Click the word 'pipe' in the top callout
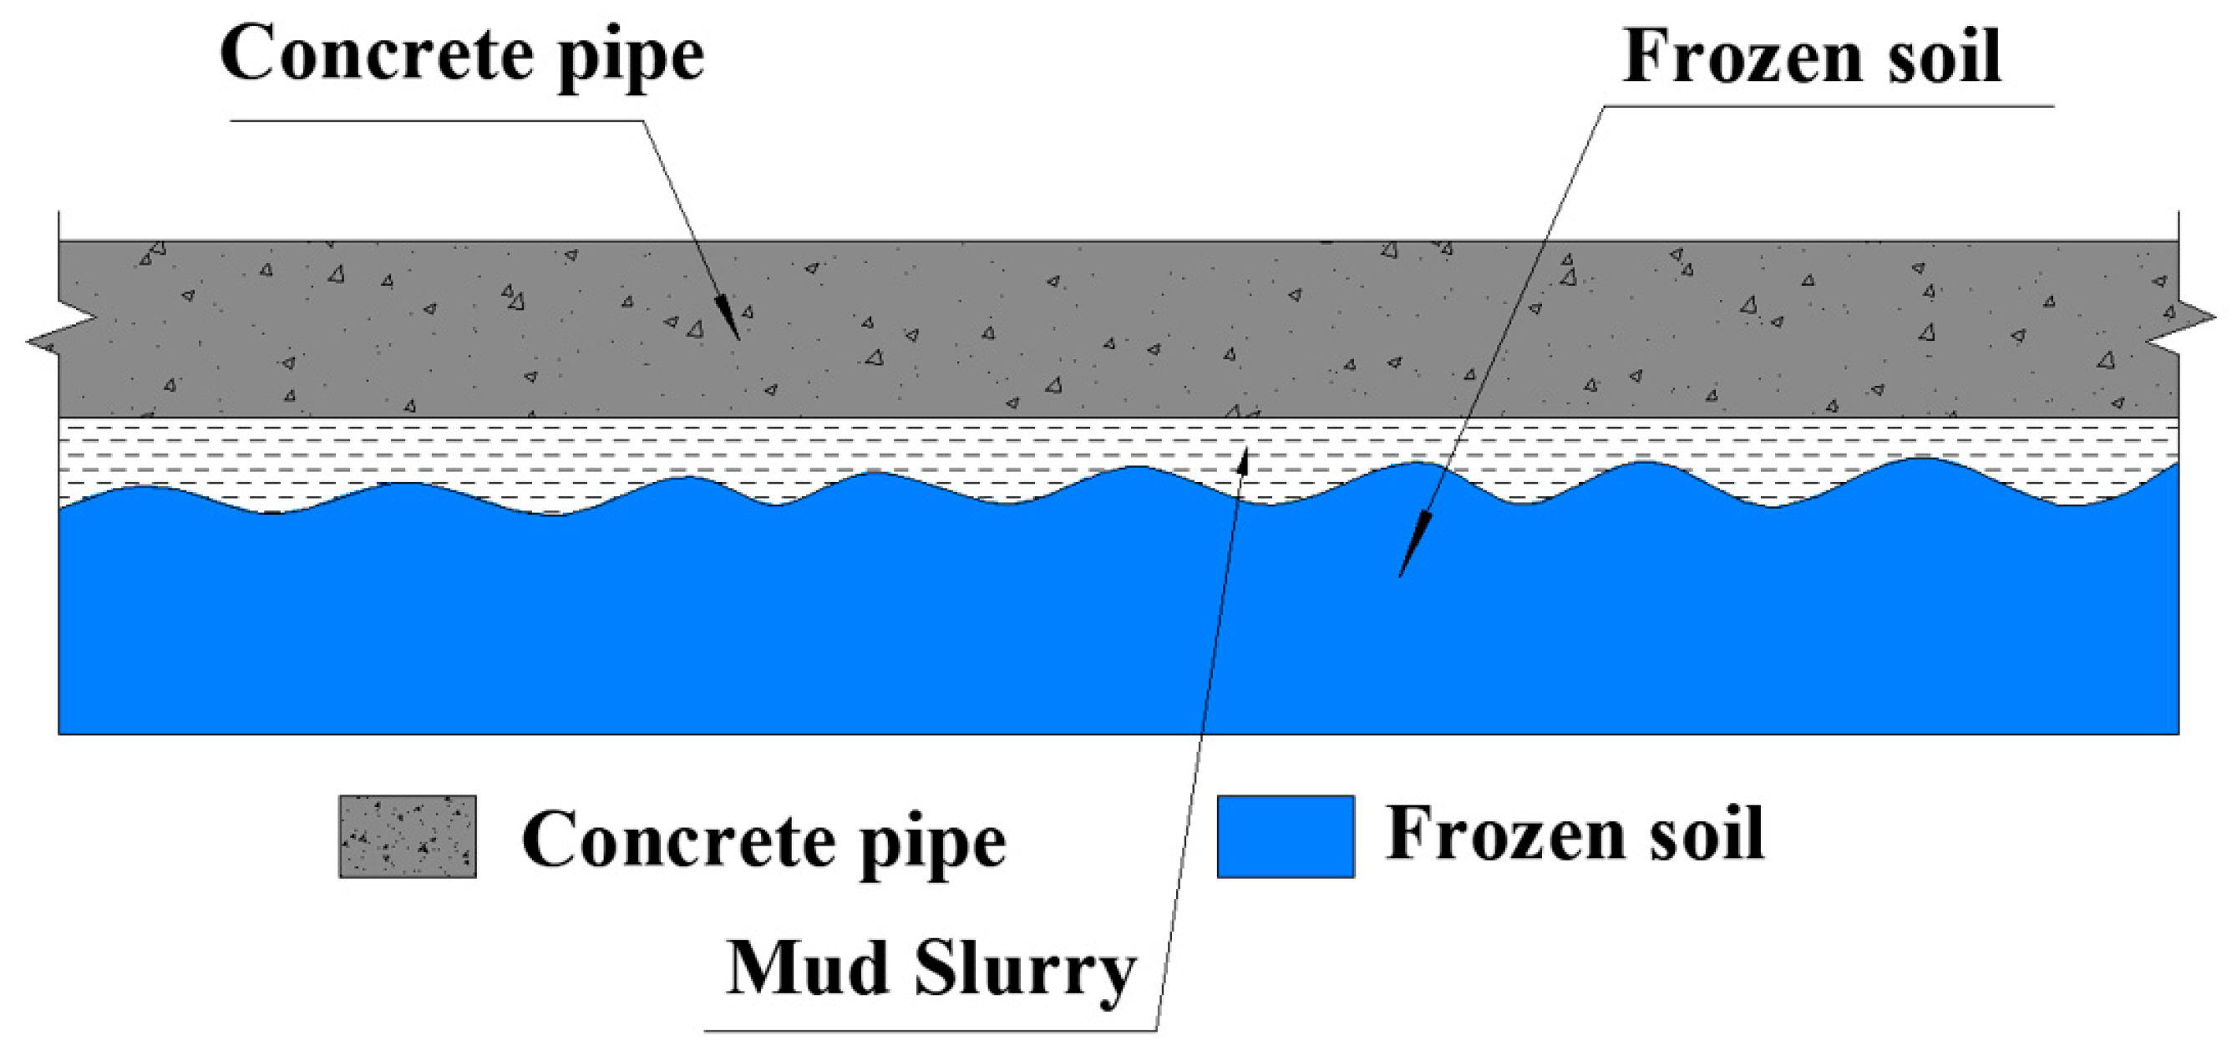[630, 59]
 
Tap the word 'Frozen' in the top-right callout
[1742, 57]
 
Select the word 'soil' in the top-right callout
[1945, 57]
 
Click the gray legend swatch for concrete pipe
[408, 836]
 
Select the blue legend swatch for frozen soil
[1285, 836]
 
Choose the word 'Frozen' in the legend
[1504, 835]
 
